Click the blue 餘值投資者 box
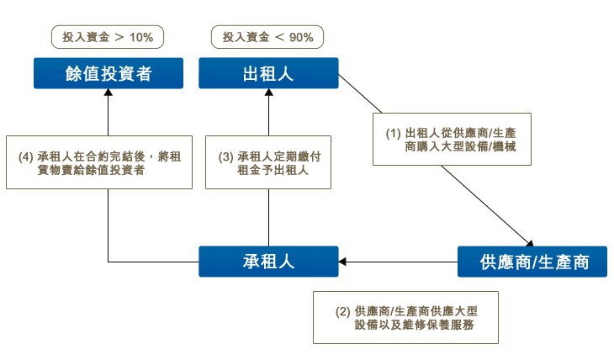pos(109,73)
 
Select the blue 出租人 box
pos(268,73)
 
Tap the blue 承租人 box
pos(268,262)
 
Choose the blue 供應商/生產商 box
pos(532,262)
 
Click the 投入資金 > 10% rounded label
pos(108,37)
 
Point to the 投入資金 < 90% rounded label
pos(267,37)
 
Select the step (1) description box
pos(452,139)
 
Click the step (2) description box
pos(405,317)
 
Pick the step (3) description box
pos(268,162)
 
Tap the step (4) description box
pos(99,162)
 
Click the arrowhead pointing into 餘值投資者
pos(109,93)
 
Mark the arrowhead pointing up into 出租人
pos(268,93)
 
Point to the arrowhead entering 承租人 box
pos(342,262)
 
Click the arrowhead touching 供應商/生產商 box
pos(530,244)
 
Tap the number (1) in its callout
pos(393,133)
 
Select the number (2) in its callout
pos(342,312)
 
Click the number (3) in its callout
pos(226,157)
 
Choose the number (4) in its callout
pos(26,157)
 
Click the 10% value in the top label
pos(141,38)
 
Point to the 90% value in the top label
pos(301,38)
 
